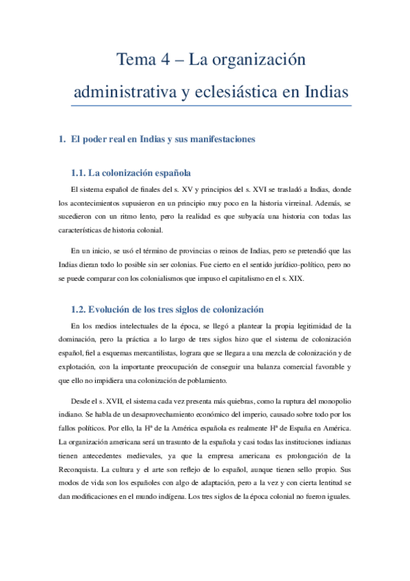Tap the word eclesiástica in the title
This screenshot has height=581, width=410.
233,92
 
